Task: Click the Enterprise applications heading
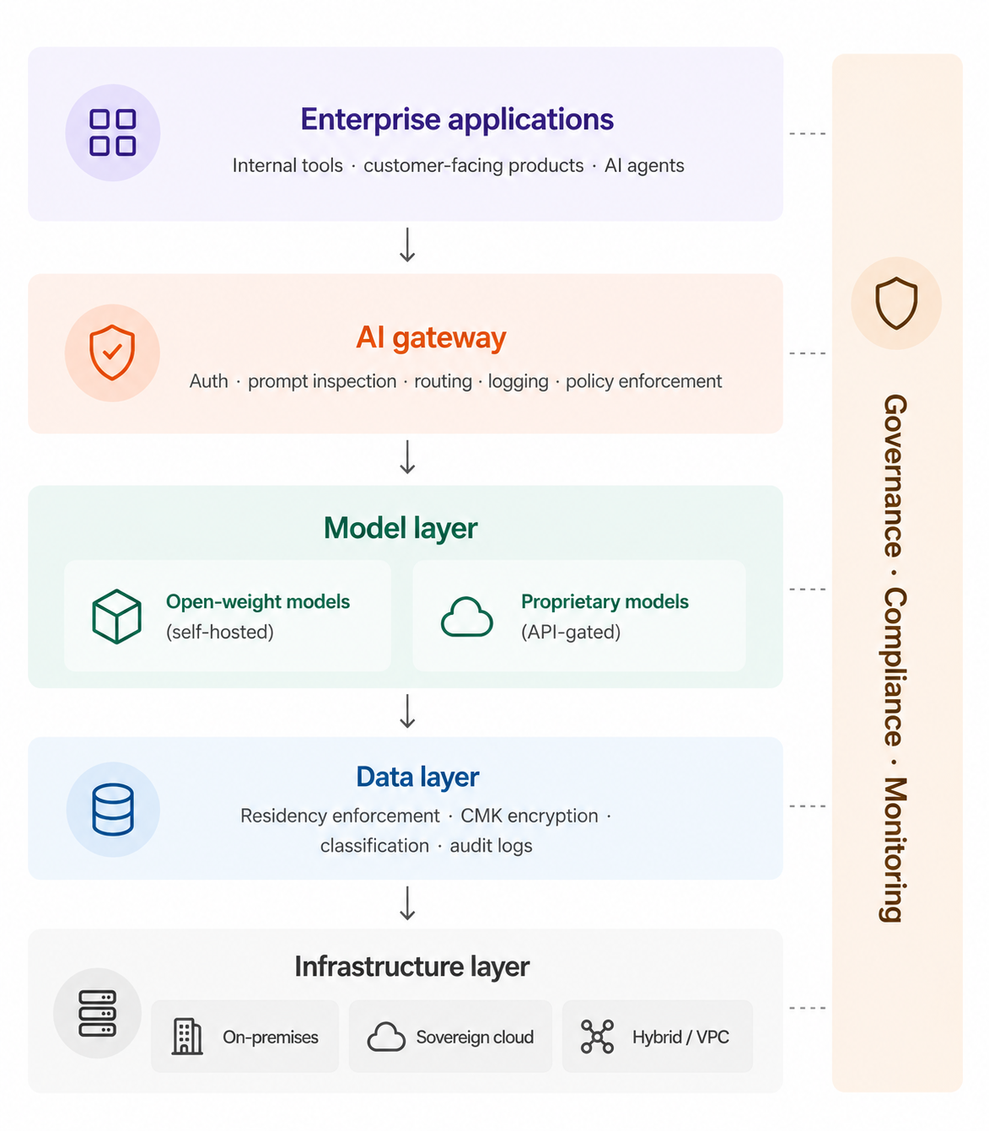click(x=457, y=120)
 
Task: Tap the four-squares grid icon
click(x=113, y=132)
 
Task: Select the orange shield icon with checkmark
click(x=112, y=353)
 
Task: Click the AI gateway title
click(x=431, y=337)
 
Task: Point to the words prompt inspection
click(x=322, y=381)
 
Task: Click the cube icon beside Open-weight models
click(x=116, y=617)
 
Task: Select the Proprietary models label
click(x=605, y=601)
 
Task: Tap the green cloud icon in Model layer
click(x=467, y=617)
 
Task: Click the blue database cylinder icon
click(x=113, y=810)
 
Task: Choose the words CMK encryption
click(x=529, y=816)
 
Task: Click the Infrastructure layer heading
click(x=412, y=967)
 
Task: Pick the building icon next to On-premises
click(x=186, y=1037)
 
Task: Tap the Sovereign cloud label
click(x=475, y=1037)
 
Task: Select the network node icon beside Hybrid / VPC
click(x=597, y=1037)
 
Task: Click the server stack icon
click(x=97, y=1013)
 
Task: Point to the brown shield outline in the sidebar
click(x=896, y=303)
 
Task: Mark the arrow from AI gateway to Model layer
click(x=407, y=457)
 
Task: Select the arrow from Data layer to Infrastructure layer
click(x=407, y=904)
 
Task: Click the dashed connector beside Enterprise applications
click(x=807, y=134)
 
